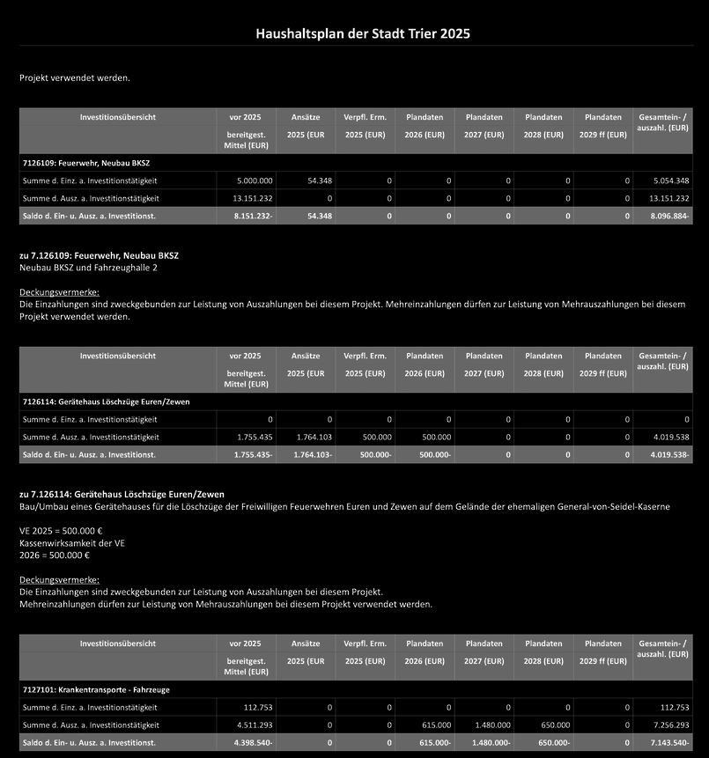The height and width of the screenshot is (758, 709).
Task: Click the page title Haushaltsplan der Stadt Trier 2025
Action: coord(363,34)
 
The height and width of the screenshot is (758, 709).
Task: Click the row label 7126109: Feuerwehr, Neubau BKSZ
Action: coord(81,163)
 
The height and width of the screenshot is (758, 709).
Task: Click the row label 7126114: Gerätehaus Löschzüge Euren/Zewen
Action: coord(106,401)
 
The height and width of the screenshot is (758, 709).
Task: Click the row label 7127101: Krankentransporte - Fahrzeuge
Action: coord(95,689)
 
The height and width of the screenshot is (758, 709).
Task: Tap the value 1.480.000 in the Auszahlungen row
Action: coord(489,725)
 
